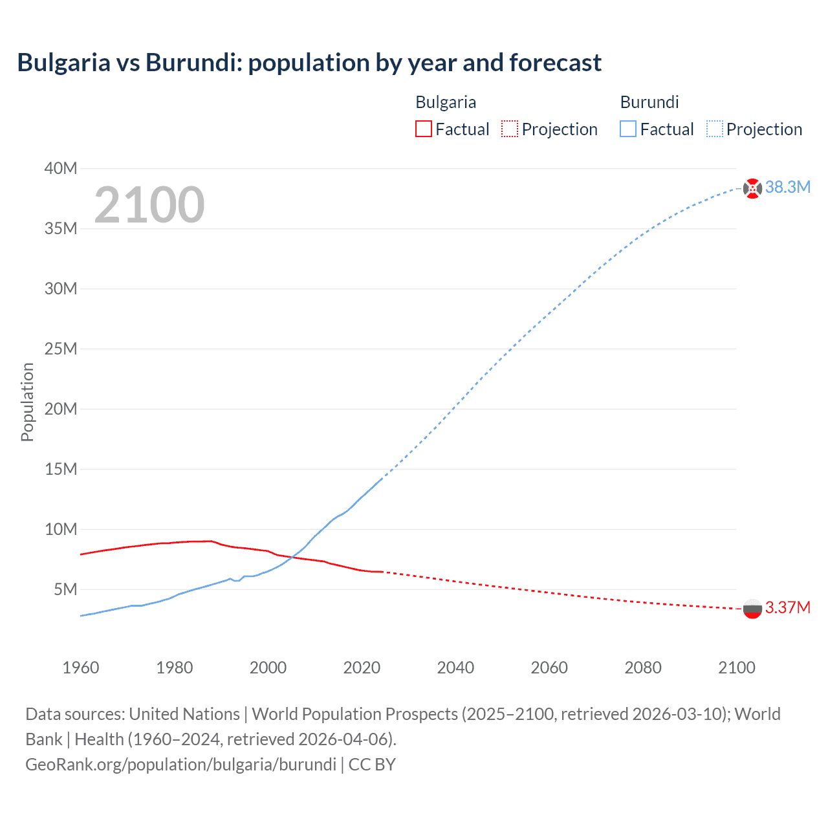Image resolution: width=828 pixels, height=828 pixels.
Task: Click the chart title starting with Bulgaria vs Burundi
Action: pyautogui.click(x=309, y=63)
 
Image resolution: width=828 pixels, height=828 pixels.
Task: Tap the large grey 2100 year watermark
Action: pyautogui.click(x=149, y=205)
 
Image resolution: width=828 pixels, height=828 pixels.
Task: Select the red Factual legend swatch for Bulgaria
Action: pyautogui.click(x=423, y=129)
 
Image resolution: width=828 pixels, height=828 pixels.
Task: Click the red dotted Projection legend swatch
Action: pyautogui.click(x=510, y=129)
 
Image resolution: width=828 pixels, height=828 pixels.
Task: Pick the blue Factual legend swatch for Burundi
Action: pyautogui.click(x=627, y=129)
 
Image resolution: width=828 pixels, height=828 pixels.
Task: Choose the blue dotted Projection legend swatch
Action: pyautogui.click(x=714, y=129)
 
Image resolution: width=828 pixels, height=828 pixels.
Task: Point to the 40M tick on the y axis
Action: pyautogui.click(x=61, y=169)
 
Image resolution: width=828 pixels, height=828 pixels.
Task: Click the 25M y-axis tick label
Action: pyautogui.click(x=61, y=349)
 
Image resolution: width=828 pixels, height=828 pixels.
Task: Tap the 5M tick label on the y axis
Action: pyautogui.click(x=65, y=590)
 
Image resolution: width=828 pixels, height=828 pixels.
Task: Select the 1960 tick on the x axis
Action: pyautogui.click(x=81, y=668)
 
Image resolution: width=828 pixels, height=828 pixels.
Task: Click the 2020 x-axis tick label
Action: pyautogui.click(x=362, y=668)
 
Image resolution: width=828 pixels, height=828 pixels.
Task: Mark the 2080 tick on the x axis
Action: pyautogui.click(x=643, y=668)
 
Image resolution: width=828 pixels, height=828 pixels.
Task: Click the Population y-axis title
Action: pyautogui.click(x=27, y=402)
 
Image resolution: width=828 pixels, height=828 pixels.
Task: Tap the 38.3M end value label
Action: pyautogui.click(x=787, y=188)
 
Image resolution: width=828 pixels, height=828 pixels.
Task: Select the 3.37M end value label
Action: pyautogui.click(x=787, y=608)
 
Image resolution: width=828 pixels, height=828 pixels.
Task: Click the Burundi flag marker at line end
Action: pyautogui.click(x=752, y=188)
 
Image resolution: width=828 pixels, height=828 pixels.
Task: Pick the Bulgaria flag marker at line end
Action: pyautogui.click(x=752, y=609)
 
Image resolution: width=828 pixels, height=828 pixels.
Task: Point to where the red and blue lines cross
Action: pyautogui.click(x=292, y=557)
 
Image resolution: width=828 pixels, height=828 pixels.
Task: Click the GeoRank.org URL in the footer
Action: pyautogui.click(x=180, y=765)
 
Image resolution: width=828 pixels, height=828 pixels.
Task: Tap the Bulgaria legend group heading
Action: pyautogui.click(x=446, y=102)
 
